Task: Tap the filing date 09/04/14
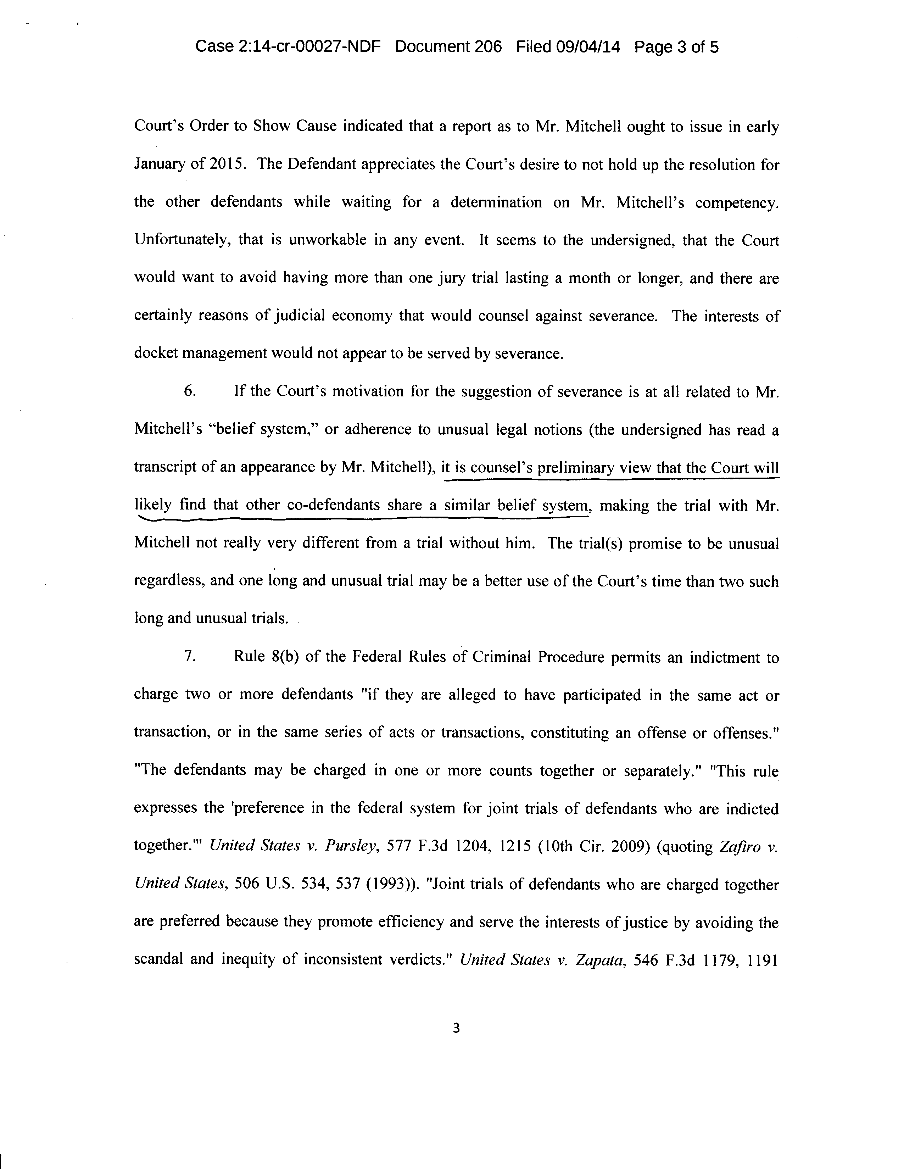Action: click(x=588, y=47)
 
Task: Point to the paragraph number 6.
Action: click(x=190, y=391)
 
